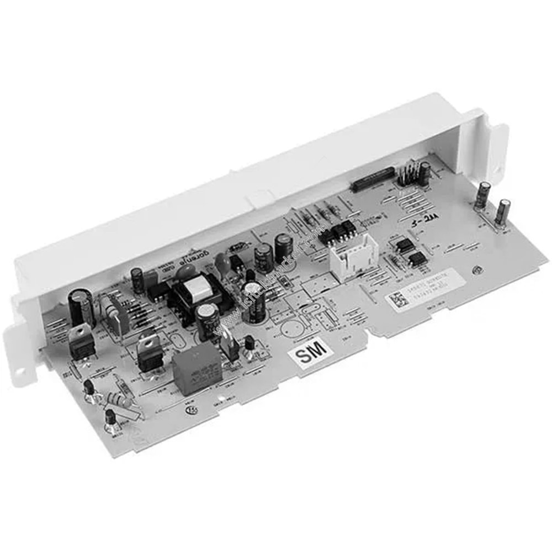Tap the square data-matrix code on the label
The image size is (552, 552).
click(395, 300)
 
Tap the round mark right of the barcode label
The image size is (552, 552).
click(475, 270)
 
